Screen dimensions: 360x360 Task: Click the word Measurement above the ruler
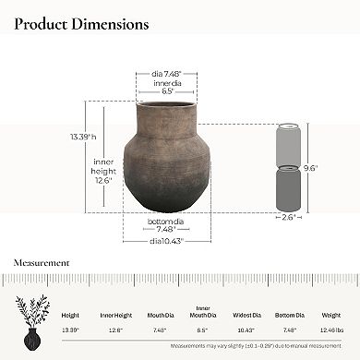[41, 262]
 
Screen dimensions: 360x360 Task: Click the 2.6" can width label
[291, 218]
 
